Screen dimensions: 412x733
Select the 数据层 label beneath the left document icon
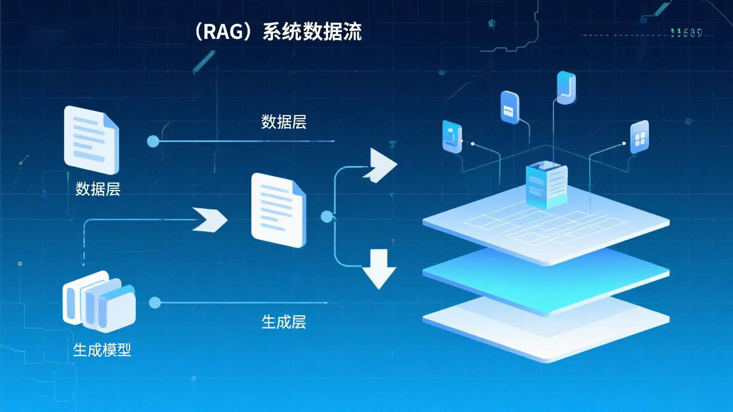[x=98, y=189]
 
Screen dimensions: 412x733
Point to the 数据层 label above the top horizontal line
[x=283, y=122]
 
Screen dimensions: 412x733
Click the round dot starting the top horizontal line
[x=153, y=141]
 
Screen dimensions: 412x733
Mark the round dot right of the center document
[x=327, y=217]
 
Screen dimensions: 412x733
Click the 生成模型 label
[x=103, y=350]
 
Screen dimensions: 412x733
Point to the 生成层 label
[x=283, y=322]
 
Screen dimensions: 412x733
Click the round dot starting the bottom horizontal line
[x=154, y=303]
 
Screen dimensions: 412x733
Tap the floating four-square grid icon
[x=639, y=137]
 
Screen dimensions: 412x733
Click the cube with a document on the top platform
[x=546, y=184]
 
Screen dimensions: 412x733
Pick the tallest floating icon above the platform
[x=566, y=88]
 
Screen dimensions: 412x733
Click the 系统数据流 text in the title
[x=312, y=33]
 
